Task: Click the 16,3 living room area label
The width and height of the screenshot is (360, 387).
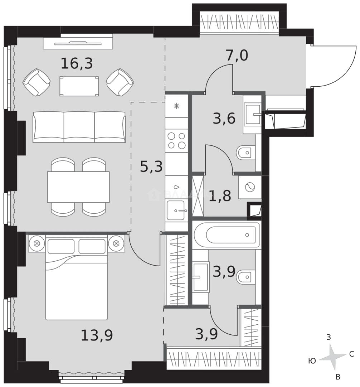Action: pyautogui.click(x=77, y=64)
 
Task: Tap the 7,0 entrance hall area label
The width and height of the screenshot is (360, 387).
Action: pyautogui.click(x=237, y=56)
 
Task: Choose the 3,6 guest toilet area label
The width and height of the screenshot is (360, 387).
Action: pyautogui.click(x=224, y=118)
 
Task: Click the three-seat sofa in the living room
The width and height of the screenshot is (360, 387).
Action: pyautogui.click(x=79, y=126)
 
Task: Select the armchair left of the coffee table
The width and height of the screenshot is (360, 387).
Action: pyautogui.click(x=36, y=82)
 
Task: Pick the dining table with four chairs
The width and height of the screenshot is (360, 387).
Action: pyautogui.click(x=78, y=187)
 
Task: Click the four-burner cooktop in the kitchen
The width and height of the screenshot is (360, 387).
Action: pyautogui.click(x=177, y=140)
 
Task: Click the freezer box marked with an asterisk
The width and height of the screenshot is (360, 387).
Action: pyautogui.click(x=176, y=106)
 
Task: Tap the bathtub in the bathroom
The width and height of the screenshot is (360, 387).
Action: pyautogui.click(x=227, y=235)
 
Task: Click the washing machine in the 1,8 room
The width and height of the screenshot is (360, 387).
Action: pyautogui.click(x=250, y=187)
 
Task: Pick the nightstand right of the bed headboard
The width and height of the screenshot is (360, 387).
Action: pyautogui.click(x=116, y=243)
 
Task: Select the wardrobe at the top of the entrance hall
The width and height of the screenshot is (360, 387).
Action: pyautogui.click(x=239, y=22)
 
